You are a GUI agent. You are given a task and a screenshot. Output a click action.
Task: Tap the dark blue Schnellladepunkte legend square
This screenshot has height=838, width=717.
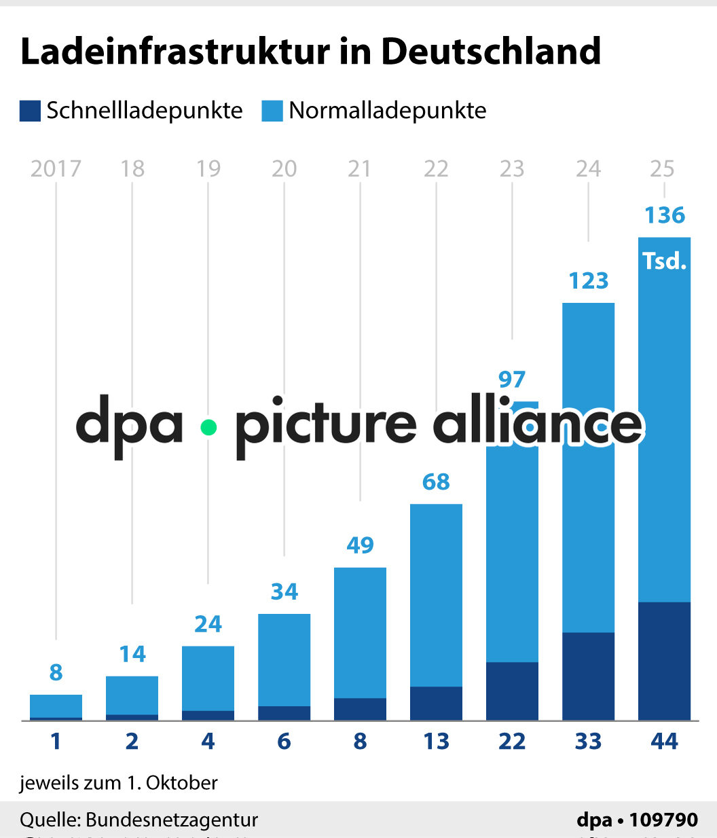(x=30, y=111)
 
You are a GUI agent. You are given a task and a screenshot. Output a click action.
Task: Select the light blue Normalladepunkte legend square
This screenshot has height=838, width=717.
(x=272, y=111)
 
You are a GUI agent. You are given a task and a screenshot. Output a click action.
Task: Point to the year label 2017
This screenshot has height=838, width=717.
(x=56, y=168)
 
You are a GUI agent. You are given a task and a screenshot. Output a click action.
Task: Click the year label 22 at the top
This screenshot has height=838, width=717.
(x=436, y=168)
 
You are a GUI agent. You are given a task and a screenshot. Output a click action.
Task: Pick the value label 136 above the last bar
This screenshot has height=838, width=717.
(x=665, y=215)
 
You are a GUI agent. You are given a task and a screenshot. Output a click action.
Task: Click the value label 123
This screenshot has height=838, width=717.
(x=588, y=280)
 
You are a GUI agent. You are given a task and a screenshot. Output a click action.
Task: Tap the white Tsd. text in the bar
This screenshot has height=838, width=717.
(x=665, y=261)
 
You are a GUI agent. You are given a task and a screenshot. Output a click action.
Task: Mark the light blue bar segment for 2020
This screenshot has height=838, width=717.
(x=284, y=659)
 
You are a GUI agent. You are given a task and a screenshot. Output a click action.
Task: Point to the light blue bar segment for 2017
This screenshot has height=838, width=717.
(x=56, y=705)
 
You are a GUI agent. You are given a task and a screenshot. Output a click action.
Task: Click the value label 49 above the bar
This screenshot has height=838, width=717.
(x=360, y=545)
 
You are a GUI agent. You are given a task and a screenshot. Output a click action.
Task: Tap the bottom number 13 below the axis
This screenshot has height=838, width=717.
(x=436, y=741)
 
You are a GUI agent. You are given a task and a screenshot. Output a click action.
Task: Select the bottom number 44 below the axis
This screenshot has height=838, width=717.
(x=664, y=741)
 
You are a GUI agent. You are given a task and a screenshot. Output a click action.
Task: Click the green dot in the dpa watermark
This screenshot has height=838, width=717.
(x=208, y=427)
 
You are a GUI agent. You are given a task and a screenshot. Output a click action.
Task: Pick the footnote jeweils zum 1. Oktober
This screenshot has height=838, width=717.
(x=119, y=782)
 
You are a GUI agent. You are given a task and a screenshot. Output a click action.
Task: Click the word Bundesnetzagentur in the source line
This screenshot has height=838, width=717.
(x=172, y=820)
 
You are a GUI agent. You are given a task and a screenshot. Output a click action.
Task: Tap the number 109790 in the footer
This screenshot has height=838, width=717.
(x=663, y=820)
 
